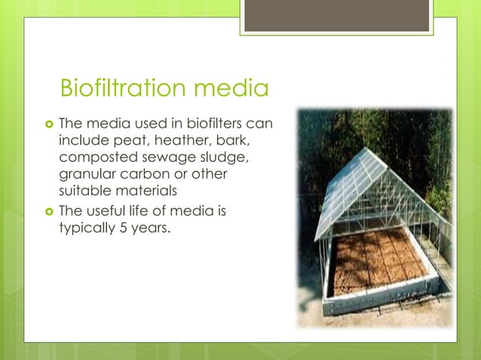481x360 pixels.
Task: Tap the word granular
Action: [87, 175]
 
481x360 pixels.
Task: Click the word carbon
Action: [146, 175]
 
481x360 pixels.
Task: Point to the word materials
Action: [141, 193]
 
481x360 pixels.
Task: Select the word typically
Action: [85, 228]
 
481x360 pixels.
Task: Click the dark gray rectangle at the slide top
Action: [336, 15]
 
